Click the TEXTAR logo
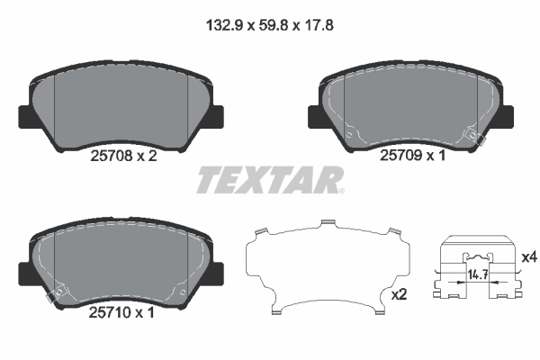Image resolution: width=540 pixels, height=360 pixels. click(269, 180)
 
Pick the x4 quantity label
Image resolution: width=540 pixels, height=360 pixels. click(529, 257)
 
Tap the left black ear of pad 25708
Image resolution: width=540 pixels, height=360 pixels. click(25, 118)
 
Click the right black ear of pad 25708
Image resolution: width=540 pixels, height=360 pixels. click(216, 118)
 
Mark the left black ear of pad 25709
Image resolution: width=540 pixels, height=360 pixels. click(315, 118)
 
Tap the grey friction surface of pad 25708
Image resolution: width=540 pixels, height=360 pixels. click(121, 103)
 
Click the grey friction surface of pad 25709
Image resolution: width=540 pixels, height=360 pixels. click(409, 103)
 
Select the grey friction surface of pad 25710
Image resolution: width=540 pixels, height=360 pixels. click(121, 261)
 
